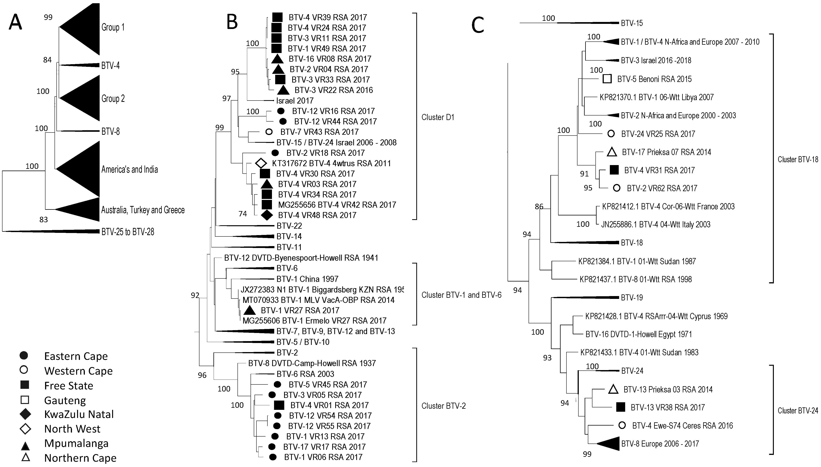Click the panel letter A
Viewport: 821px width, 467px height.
coord(15,23)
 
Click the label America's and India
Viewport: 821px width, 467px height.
coord(130,169)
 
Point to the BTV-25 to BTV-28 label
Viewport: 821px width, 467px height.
coord(128,232)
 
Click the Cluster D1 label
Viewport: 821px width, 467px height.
coord(438,117)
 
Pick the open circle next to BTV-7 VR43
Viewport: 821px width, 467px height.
coord(269,132)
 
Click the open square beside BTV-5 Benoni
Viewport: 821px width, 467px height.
coord(607,79)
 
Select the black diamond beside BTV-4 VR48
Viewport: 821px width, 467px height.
coord(267,215)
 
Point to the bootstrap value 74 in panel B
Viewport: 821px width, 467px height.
coord(243,214)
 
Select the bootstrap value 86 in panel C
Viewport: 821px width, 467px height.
coord(539,207)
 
